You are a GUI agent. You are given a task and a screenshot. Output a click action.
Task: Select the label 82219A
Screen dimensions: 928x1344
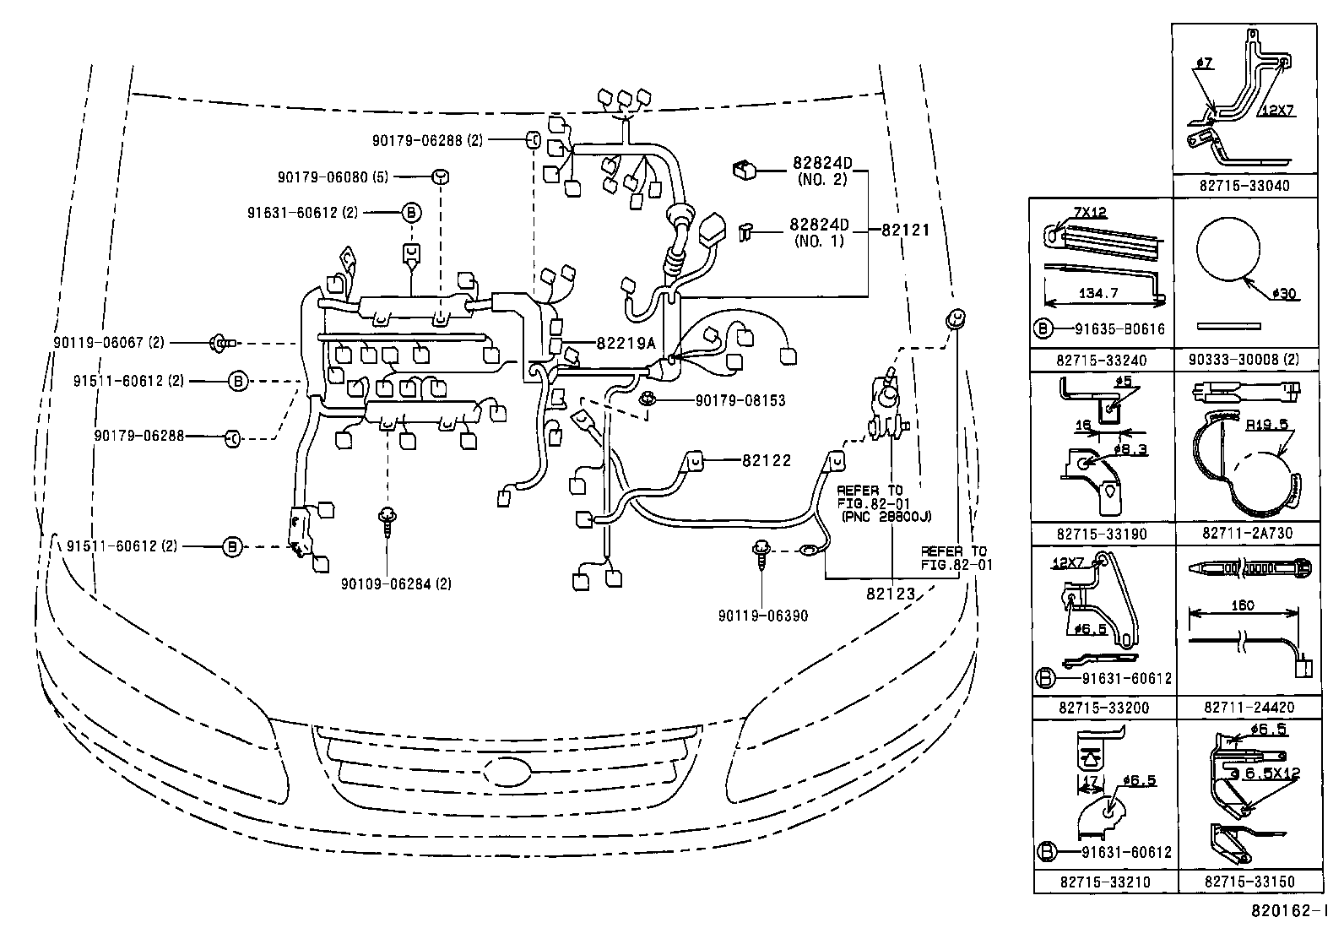(x=626, y=343)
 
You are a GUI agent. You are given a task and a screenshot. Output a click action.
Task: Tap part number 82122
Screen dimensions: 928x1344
(x=767, y=460)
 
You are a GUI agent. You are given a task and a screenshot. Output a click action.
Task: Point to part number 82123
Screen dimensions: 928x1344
(x=890, y=593)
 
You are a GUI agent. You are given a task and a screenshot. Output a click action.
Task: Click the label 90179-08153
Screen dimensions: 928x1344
(x=729, y=400)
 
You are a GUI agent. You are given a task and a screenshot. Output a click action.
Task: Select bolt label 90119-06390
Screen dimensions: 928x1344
(x=762, y=616)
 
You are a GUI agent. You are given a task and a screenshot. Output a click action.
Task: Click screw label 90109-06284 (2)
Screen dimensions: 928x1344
(x=396, y=583)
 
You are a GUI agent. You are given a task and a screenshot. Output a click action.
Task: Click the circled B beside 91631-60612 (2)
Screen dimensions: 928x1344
(x=410, y=213)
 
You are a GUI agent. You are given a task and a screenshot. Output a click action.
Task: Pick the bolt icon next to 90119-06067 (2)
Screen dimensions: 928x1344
(x=220, y=343)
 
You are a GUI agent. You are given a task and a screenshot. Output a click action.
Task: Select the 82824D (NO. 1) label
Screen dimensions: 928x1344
(x=818, y=231)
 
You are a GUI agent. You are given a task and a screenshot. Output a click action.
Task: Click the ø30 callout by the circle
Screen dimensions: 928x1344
(x=1282, y=294)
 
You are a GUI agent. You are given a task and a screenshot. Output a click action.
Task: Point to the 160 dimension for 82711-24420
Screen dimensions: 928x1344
(x=1242, y=605)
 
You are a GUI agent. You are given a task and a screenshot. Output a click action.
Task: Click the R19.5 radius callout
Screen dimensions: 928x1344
(x=1266, y=425)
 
